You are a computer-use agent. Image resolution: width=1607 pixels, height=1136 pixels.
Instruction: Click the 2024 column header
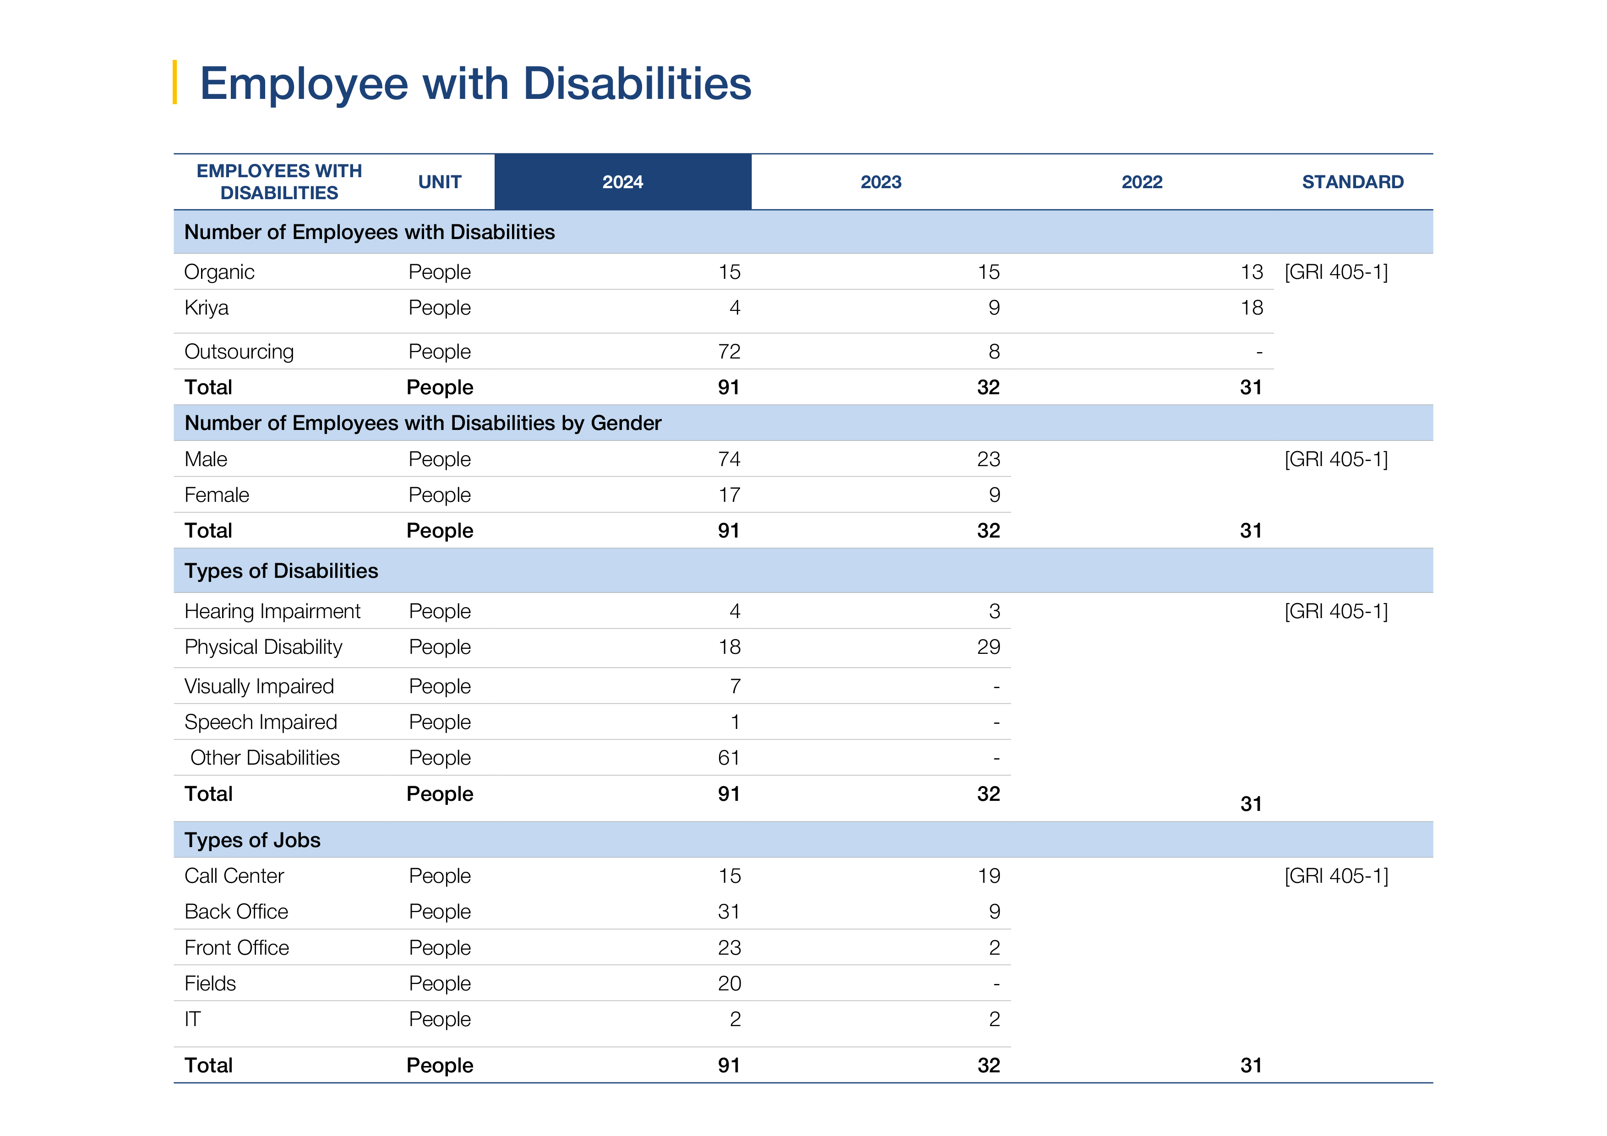pyautogui.click(x=622, y=182)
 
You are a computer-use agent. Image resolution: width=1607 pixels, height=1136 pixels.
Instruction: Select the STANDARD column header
pyautogui.click(x=1352, y=182)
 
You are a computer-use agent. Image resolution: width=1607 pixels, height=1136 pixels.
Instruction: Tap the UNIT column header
pyautogui.click(x=440, y=182)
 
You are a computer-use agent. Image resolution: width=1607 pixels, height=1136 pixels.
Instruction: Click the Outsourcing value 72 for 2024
pyautogui.click(x=729, y=351)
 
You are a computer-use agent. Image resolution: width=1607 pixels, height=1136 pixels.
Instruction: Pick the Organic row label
pyautogui.click(x=219, y=272)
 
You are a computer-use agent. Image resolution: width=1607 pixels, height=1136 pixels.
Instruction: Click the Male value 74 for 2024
pyautogui.click(x=729, y=459)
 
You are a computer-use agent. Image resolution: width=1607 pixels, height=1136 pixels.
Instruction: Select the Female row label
pyautogui.click(x=217, y=495)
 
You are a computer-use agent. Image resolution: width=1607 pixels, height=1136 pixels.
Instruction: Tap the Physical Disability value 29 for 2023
pyautogui.click(x=988, y=647)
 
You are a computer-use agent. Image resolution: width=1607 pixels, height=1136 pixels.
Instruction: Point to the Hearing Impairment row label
pyautogui.click(x=272, y=612)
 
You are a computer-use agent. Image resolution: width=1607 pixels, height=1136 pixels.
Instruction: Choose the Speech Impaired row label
pyautogui.click(x=261, y=723)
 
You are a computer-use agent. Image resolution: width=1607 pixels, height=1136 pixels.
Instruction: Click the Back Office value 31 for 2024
pyautogui.click(x=729, y=911)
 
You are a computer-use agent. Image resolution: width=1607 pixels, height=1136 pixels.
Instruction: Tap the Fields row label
pyautogui.click(x=210, y=984)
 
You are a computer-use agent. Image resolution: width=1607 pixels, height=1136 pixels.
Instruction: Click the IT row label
pyautogui.click(x=192, y=1019)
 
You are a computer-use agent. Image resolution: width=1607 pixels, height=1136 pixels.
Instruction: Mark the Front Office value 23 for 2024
pyautogui.click(x=729, y=948)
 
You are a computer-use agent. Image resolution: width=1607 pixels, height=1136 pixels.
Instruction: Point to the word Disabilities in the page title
pyautogui.click(x=637, y=83)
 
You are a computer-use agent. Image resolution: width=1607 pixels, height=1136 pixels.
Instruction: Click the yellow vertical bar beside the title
pyautogui.click(x=174, y=82)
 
